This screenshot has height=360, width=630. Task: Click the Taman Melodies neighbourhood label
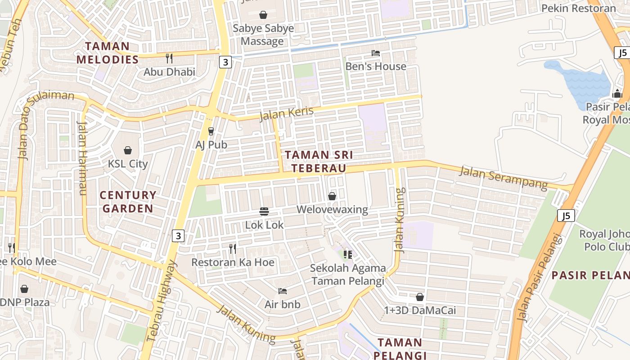108,53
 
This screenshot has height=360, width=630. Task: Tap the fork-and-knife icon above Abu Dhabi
169,58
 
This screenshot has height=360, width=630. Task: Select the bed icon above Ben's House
376,53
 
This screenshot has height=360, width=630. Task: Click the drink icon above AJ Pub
211,131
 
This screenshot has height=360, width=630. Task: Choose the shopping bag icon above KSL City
128,150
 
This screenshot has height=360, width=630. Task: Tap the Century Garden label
128,202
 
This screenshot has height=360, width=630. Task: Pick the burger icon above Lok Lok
264,211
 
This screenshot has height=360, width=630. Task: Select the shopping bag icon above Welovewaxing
332,196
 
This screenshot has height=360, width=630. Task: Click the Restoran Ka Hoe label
233,262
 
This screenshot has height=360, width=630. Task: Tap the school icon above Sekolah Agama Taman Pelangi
347,255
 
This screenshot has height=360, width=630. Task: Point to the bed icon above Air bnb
283,291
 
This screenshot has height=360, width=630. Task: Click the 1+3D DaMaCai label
420,310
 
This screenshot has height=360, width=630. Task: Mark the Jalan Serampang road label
503,178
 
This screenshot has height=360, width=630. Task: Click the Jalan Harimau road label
82,158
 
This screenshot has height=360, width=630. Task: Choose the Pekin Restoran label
578,8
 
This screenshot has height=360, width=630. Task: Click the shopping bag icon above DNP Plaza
24,288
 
